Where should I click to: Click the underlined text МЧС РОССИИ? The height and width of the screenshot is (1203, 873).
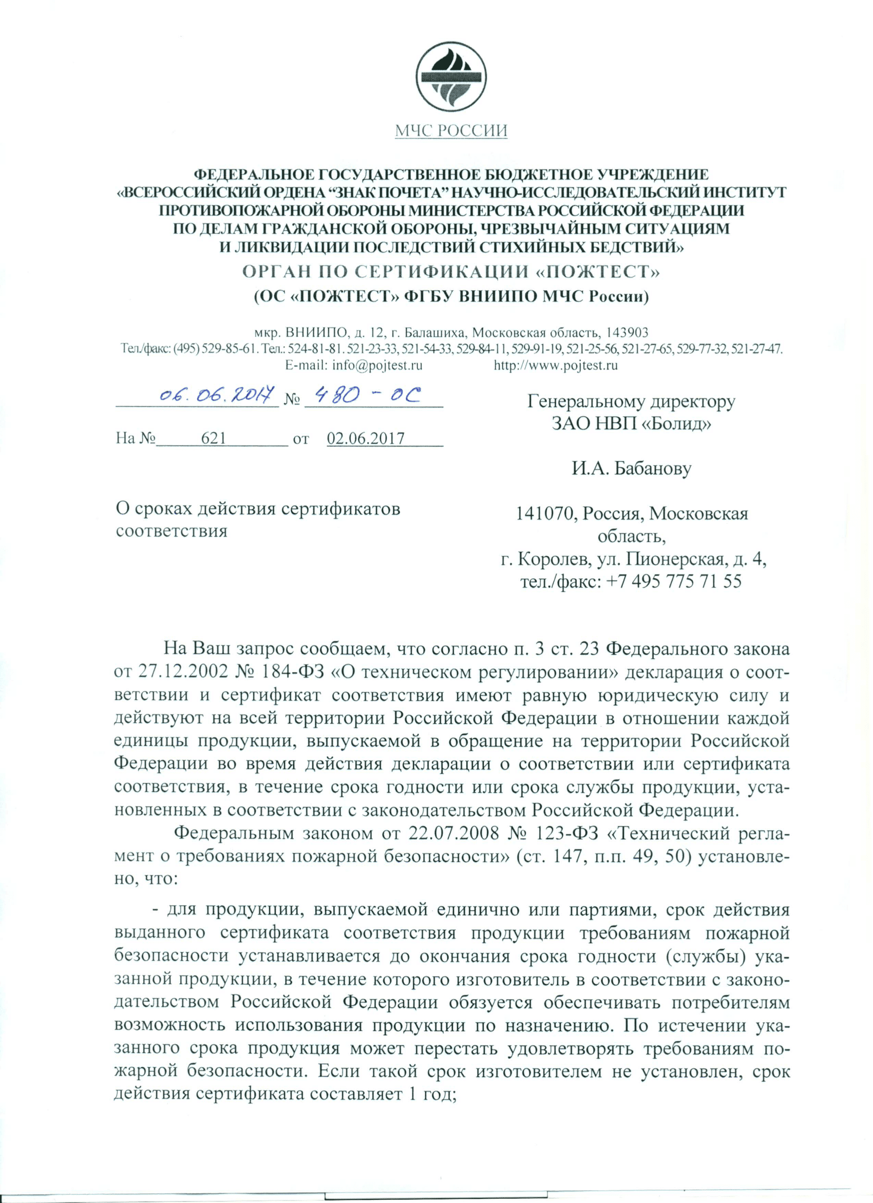coord(451,130)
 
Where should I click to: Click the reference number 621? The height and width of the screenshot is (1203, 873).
coord(214,439)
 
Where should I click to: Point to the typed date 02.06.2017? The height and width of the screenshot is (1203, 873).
coord(366,439)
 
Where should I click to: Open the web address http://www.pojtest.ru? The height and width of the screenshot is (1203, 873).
coord(555,365)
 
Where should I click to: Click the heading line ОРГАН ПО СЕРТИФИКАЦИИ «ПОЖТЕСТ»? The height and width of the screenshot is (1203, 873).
coord(451,272)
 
